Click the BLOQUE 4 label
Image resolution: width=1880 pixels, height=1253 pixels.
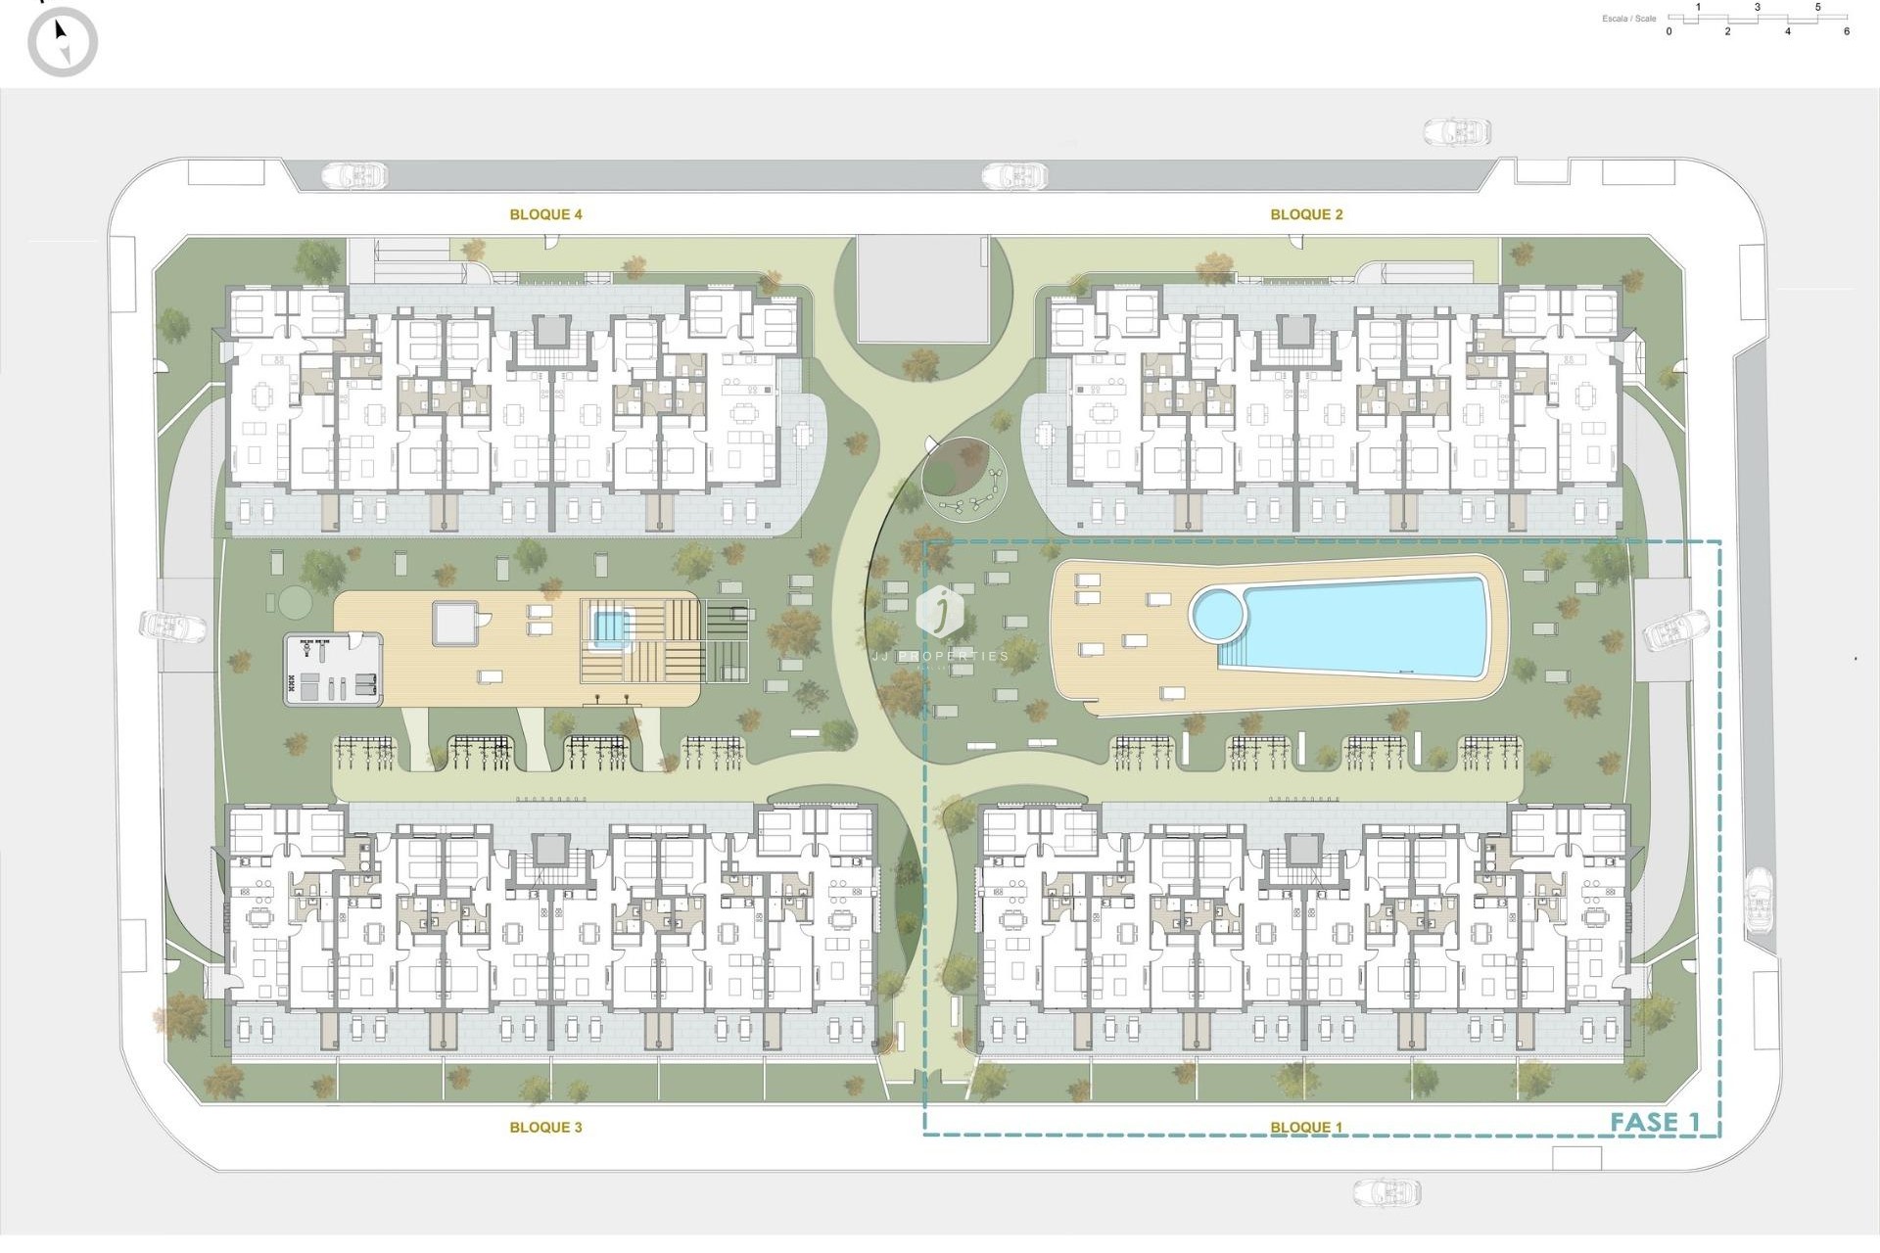(x=545, y=214)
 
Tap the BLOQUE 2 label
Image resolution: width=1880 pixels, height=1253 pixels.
(x=1306, y=214)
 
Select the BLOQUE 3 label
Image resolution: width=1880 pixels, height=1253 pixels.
(x=545, y=1127)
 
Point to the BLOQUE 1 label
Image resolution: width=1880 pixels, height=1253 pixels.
(x=1306, y=1127)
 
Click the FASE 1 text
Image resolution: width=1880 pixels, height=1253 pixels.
(x=1655, y=1122)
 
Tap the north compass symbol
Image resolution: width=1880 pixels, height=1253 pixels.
(x=63, y=42)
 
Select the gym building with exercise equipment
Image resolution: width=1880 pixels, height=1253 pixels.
(x=333, y=669)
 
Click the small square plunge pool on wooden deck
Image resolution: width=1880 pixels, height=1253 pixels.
(x=609, y=625)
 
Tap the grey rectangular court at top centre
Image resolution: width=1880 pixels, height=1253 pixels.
(x=922, y=289)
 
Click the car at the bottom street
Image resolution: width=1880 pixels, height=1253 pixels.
(x=1386, y=1191)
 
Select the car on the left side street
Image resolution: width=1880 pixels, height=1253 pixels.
(x=172, y=626)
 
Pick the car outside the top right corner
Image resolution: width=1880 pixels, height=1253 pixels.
(x=1456, y=131)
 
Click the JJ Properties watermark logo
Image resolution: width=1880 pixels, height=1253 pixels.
(x=941, y=612)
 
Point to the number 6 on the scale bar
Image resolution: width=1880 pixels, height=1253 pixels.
(x=1847, y=31)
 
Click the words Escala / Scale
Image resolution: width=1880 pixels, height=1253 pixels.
(x=1629, y=19)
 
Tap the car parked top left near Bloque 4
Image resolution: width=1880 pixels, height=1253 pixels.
(x=354, y=176)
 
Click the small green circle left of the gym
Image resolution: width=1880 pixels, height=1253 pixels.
(x=291, y=599)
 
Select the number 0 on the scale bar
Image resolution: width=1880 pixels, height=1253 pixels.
(x=1669, y=31)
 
